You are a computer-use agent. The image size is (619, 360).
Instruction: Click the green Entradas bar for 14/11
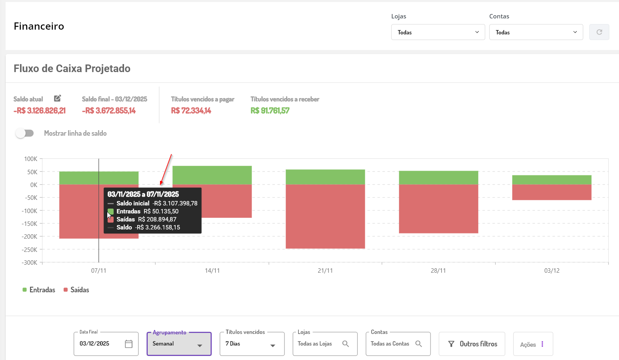pos(212,175)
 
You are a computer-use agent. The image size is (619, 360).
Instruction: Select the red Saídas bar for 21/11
pos(325,216)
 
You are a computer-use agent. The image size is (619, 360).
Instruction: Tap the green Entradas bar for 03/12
pos(552,180)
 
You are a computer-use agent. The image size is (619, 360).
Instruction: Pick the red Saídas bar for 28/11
pos(438,209)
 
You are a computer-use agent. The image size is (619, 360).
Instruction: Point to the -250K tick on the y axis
pos(30,249)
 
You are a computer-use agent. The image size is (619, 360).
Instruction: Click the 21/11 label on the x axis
pos(325,271)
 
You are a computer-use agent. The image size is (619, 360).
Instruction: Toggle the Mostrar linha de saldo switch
pos(25,133)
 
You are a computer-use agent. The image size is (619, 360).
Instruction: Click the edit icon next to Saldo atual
pos(58,99)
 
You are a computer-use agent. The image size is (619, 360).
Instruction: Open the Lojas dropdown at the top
pos(438,32)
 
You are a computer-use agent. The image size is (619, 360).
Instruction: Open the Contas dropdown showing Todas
pos(536,32)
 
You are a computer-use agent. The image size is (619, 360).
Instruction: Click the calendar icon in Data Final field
pos(128,344)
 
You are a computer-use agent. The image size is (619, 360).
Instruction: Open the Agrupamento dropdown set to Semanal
pos(179,344)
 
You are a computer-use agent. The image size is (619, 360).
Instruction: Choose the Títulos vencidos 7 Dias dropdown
pos(252,344)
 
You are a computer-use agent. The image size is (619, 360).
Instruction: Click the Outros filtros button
pos(472,344)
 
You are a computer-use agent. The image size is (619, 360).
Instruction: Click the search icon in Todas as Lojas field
pos(346,344)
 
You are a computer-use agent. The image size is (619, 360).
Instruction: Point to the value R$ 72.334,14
pos(191,111)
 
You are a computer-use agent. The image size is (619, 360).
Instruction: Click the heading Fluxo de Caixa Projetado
pos(72,68)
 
